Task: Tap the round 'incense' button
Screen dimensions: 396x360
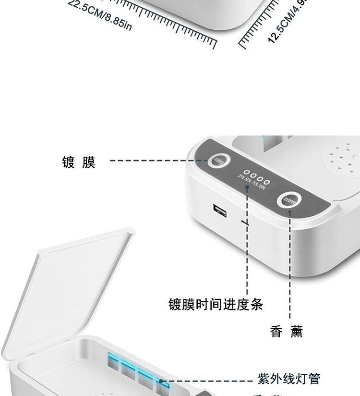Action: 289,201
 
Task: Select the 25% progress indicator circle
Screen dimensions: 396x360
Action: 246,172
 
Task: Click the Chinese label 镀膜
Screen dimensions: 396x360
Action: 79,162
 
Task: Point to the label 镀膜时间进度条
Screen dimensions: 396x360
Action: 216,304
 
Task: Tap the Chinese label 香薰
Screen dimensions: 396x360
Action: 287,332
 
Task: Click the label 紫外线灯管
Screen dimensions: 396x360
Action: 289,379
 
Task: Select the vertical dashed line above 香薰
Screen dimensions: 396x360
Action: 290,269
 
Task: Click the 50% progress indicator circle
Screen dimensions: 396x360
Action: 252,175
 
